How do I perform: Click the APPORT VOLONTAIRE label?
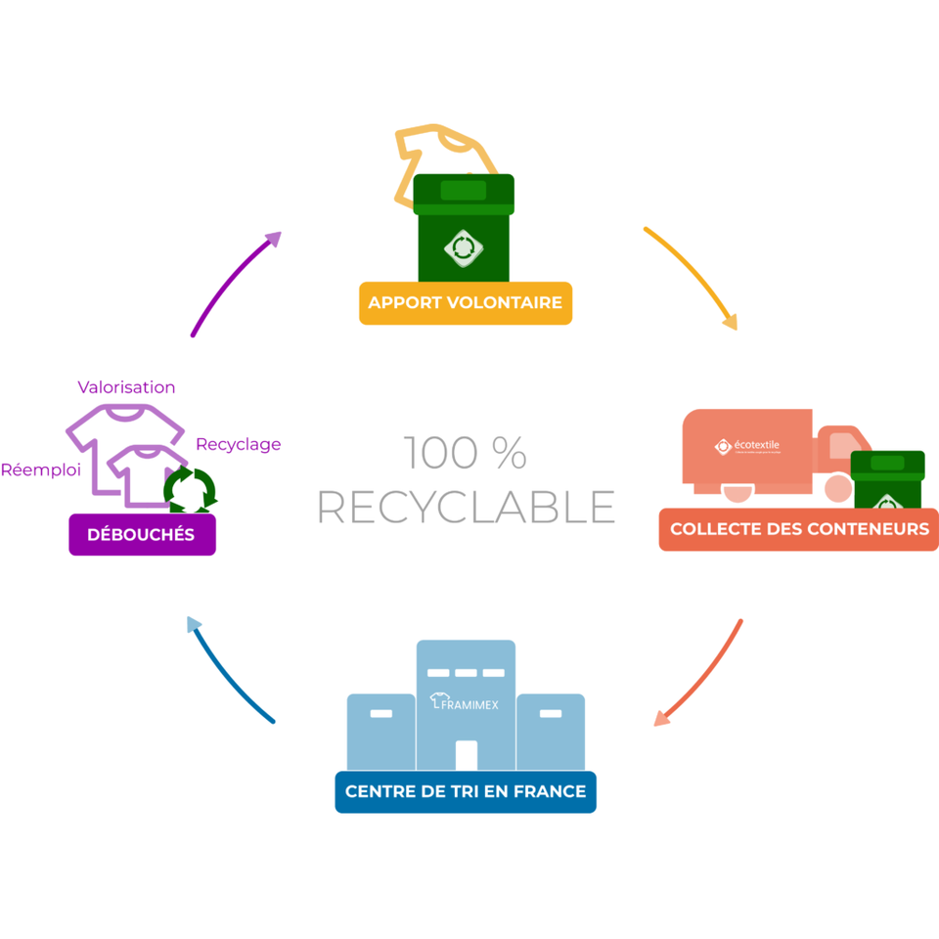pos(465,303)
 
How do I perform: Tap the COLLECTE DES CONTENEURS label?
pos(799,529)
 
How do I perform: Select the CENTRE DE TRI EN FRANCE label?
pos(466,791)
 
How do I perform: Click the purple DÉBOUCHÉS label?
pos(142,534)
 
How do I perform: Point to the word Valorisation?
pos(126,387)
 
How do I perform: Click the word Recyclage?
pos(238,444)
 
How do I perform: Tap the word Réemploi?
pos(40,469)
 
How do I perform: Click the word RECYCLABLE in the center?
pos(466,507)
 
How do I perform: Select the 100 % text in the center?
pos(466,453)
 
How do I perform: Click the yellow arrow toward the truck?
pos(693,276)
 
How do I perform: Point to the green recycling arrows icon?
pos(190,489)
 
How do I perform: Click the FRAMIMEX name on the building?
pos(466,701)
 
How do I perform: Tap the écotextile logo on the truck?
pos(749,446)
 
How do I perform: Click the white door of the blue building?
pos(466,755)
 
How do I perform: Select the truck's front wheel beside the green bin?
pos(837,487)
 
